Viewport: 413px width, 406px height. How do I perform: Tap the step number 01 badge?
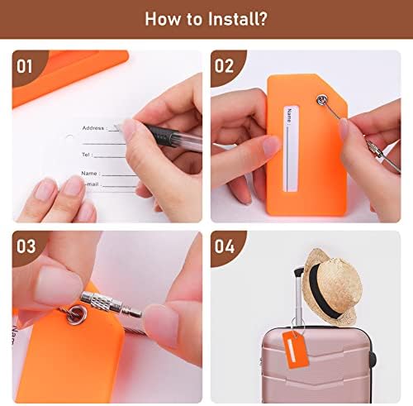click(25, 66)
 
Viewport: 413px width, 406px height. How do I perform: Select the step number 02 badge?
click(224, 66)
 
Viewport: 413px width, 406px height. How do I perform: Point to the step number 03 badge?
click(26, 246)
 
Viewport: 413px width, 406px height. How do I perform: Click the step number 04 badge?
click(225, 246)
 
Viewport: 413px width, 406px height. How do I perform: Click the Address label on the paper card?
click(93, 128)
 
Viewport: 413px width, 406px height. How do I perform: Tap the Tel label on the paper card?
click(86, 155)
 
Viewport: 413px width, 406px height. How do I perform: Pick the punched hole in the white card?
click(69, 136)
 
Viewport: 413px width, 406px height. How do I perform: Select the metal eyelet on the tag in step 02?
click(321, 99)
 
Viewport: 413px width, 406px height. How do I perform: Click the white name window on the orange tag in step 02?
click(292, 149)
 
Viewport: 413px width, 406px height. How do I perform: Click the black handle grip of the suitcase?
click(299, 272)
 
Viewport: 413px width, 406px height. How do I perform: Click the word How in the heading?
click(163, 19)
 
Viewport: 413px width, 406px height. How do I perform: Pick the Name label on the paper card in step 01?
click(89, 174)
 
